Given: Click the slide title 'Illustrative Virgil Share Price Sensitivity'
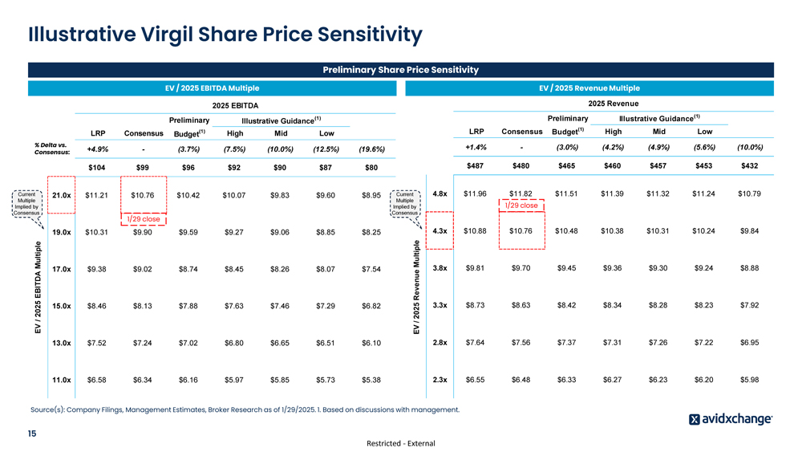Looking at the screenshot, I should [x=225, y=35].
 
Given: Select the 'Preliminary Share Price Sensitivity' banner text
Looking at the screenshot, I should [x=400, y=70].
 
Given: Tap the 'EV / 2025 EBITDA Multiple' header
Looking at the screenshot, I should [x=212, y=88].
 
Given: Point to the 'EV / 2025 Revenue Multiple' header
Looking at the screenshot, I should [x=590, y=88].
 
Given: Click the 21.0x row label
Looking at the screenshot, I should [x=61, y=195].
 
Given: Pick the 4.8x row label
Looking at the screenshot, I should [x=439, y=193].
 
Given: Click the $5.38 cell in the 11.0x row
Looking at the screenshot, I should [x=371, y=380].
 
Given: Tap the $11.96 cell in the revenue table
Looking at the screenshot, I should [x=475, y=193].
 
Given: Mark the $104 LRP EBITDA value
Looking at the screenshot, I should [x=96, y=168].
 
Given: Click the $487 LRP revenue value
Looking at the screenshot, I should [x=476, y=165].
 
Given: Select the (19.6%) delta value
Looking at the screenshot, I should [x=371, y=149].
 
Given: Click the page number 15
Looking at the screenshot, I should [x=33, y=434].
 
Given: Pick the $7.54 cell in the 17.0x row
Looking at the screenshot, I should [x=371, y=269].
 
